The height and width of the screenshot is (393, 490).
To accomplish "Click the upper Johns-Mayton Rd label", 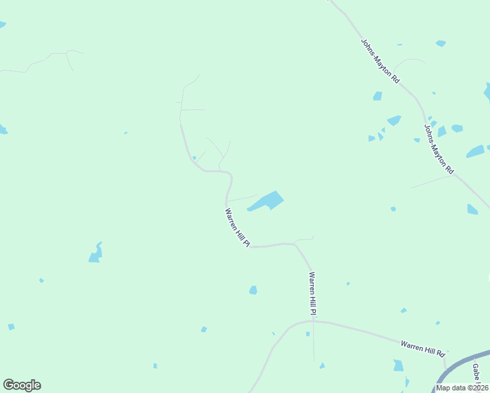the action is (380, 60).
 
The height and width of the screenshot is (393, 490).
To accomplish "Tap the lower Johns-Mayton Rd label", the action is (439, 149).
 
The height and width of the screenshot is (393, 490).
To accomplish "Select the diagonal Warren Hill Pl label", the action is (237, 227).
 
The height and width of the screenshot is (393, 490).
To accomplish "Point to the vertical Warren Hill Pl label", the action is (313, 295).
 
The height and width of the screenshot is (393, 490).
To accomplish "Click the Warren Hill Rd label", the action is (423, 347).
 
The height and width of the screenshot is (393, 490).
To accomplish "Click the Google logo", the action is (22, 385).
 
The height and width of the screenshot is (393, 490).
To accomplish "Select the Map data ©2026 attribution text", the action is (461, 388).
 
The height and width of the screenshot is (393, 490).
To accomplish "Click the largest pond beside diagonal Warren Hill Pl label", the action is (267, 201).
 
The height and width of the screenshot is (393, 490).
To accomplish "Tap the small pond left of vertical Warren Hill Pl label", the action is (253, 290).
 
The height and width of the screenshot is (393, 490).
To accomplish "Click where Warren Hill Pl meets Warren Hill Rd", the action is (313, 322).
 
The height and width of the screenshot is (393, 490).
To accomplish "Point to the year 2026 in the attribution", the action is (479, 388).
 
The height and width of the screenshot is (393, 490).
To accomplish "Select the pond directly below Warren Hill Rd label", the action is (398, 365).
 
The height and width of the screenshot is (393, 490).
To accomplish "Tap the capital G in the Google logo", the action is (9, 385).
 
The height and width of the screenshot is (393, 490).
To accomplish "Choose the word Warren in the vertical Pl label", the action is (312, 282).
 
